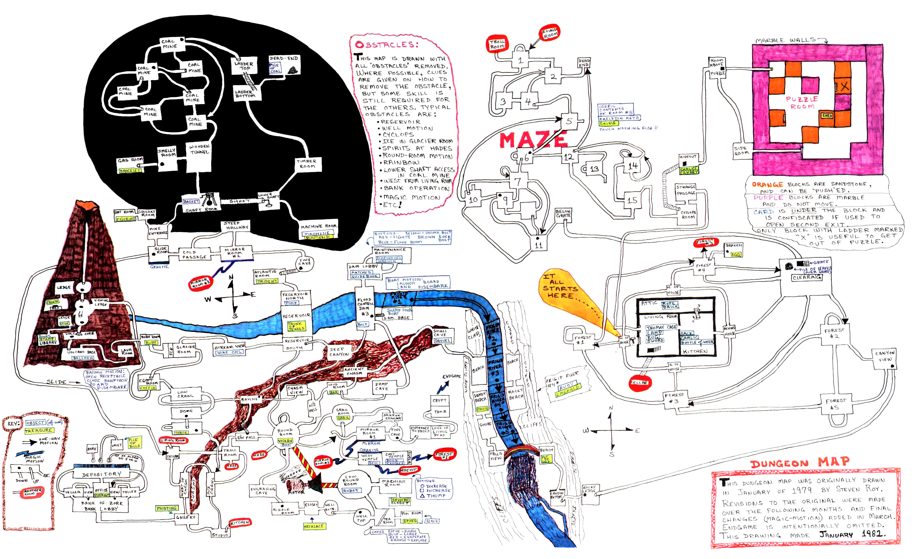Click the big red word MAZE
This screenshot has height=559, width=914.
tap(533, 140)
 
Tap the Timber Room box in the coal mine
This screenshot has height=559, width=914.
tap(306, 164)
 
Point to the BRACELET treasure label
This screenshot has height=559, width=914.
tap(130, 171)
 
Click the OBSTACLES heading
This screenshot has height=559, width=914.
tap(386, 45)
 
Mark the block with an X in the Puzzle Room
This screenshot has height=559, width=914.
tap(844, 87)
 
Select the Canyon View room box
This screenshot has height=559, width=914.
tap(885, 356)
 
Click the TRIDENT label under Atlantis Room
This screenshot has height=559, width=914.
tap(267, 281)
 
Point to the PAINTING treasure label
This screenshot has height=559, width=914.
tap(166, 508)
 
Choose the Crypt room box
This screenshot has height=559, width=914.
tap(439, 400)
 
